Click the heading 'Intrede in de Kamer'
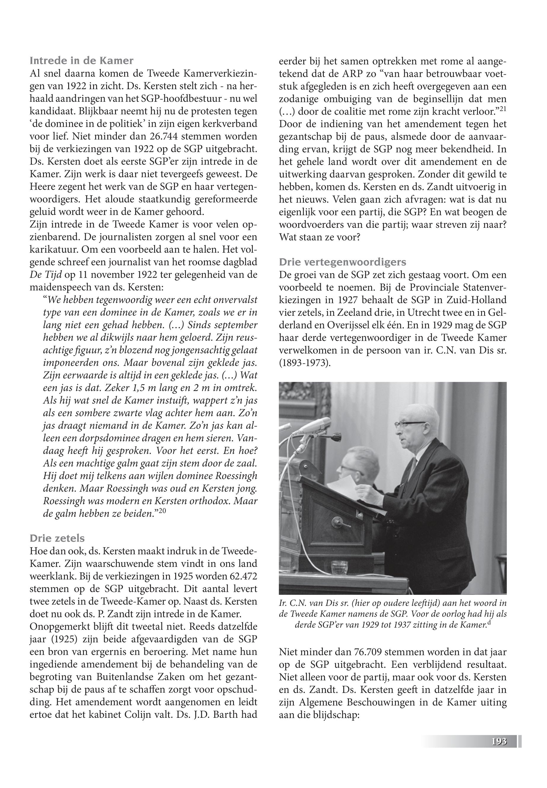coord(82,61)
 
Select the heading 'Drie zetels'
coord(57,538)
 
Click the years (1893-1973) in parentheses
coord(305,363)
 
